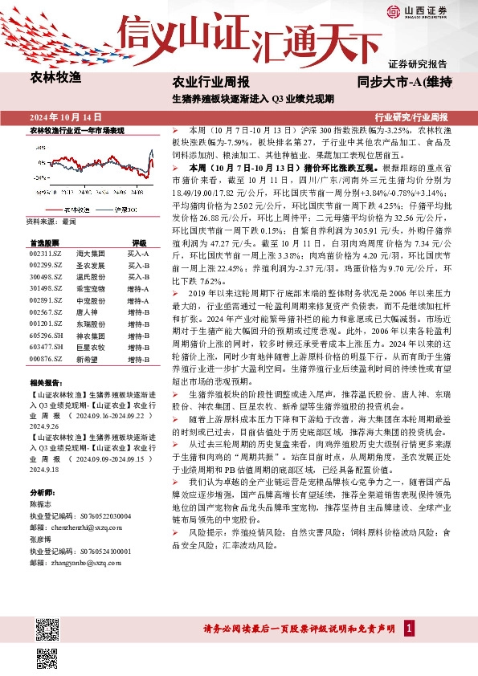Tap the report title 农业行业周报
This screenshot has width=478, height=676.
click(x=211, y=82)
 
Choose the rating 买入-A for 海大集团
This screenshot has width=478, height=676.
click(x=139, y=253)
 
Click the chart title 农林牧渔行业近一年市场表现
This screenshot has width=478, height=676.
click(x=76, y=129)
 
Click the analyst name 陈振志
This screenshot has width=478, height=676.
click(x=40, y=503)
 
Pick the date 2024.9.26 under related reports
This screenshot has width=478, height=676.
click(x=46, y=428)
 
